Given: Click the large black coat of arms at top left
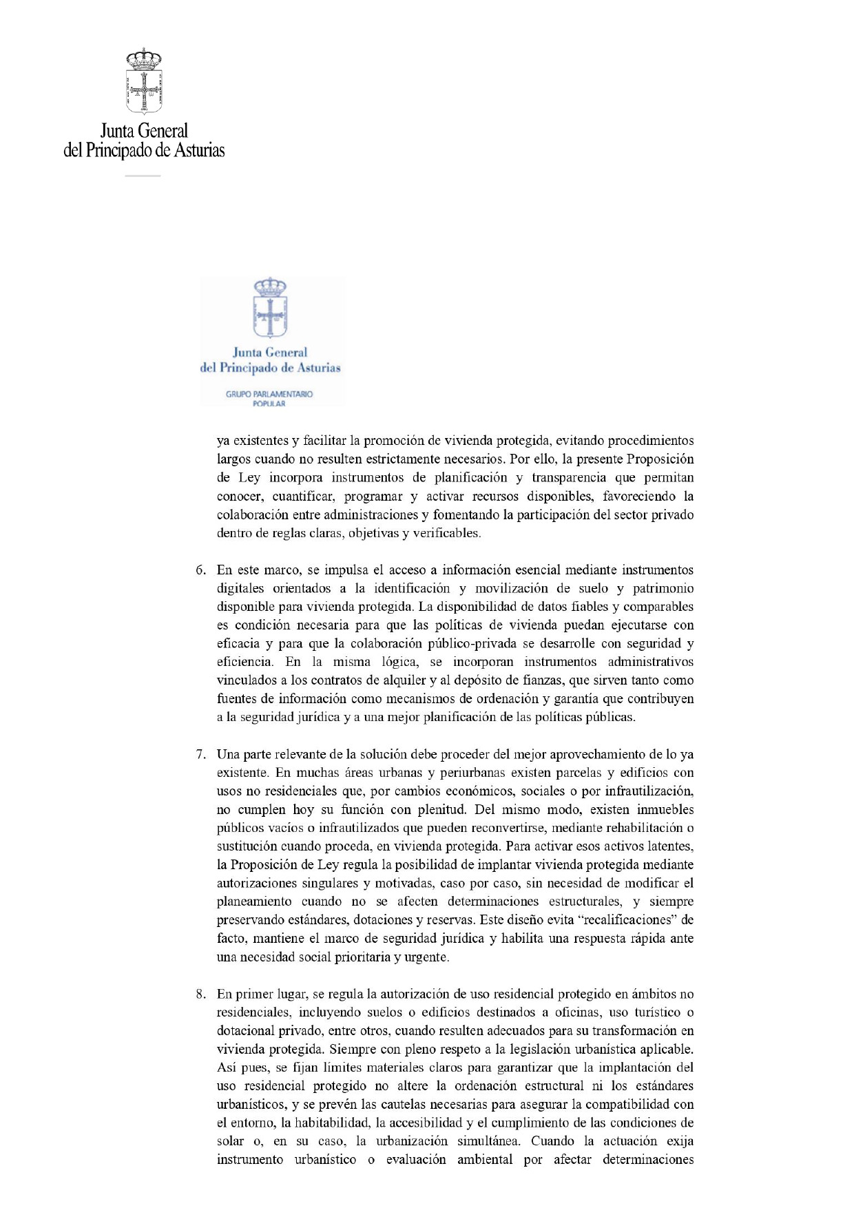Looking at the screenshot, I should (x=143, y=81).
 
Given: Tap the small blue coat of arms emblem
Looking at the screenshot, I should (x=270, y=308).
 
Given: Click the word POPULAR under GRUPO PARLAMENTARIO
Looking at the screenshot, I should (x=269, y=404).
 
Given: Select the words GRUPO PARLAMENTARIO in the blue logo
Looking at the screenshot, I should (x=269, y=394).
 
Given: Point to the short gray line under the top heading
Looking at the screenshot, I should (x=143, y=176).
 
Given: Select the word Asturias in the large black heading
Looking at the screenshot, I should (x=199, y=150).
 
